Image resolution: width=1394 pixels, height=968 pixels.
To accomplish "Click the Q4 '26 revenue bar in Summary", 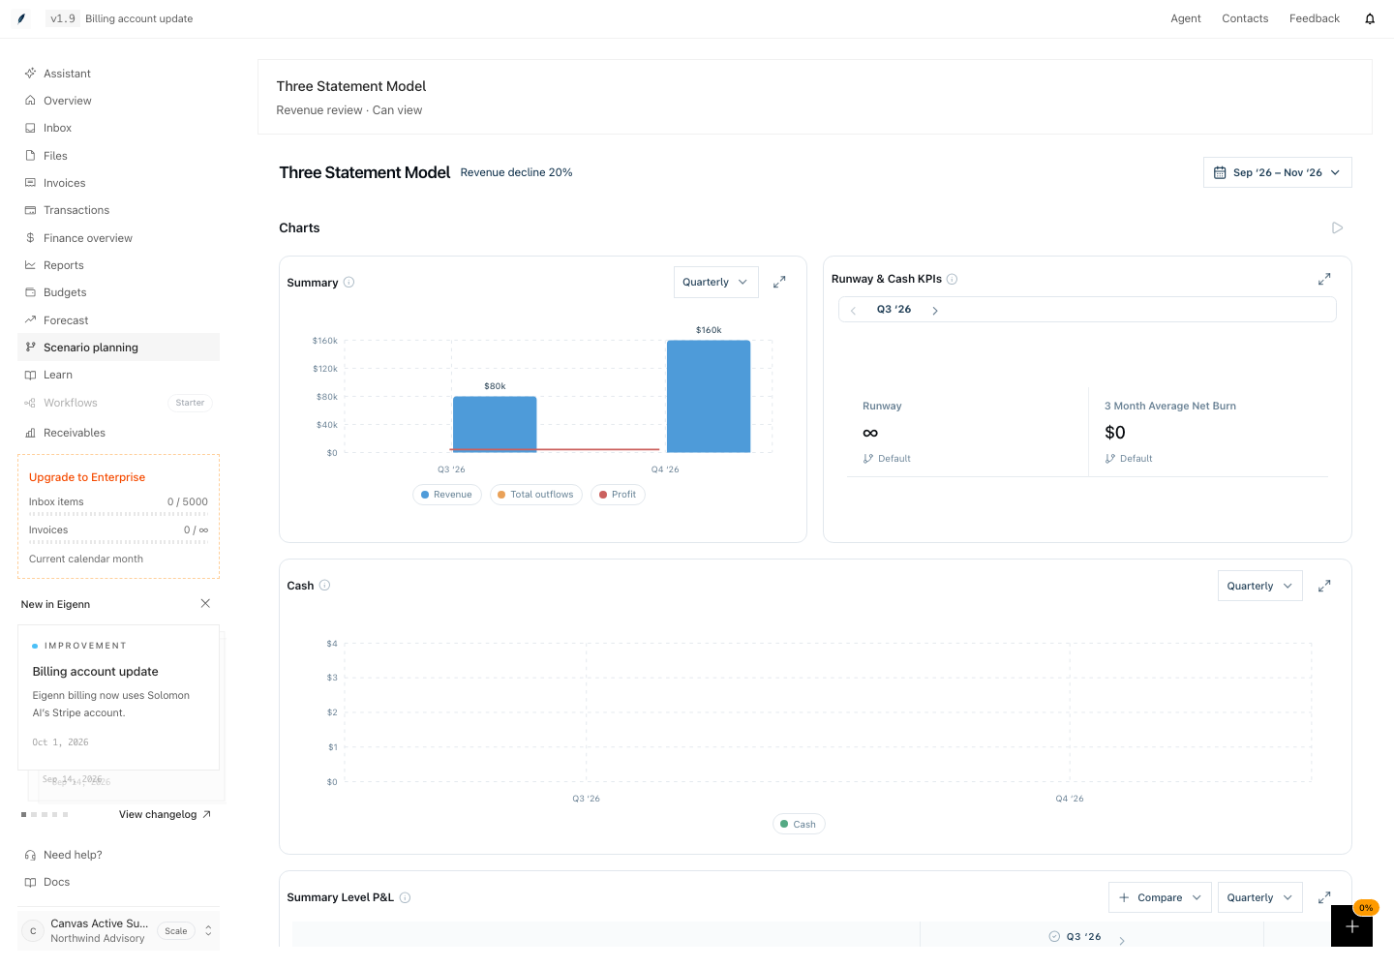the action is (x=709, y=396).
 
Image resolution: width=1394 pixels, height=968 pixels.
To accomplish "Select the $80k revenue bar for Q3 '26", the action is (x=495, y=424).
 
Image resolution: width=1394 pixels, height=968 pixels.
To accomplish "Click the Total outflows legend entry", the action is (x=536, y=495).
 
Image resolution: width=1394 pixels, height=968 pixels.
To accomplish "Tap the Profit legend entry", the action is (x=618, y=495).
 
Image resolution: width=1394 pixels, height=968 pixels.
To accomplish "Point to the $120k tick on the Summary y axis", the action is (x=325, y=369).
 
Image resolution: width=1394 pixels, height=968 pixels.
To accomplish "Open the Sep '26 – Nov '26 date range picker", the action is (x=1277, y=172).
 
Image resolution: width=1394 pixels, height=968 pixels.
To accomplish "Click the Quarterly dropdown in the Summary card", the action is (x=715, y=282).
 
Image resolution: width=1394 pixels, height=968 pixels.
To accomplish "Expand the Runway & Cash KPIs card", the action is (x=1324, y=279).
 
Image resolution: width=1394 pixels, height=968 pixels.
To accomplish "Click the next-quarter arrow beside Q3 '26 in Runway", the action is (x=935, y=310).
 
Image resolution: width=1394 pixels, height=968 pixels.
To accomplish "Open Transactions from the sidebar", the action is (x=76, y=210).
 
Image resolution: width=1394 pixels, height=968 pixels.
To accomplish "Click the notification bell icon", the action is (x=1370, y=18).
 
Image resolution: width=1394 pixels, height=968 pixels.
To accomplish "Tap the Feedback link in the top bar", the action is (x=1315, y=18).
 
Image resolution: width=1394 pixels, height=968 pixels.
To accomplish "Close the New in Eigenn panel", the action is (x=205, y=603).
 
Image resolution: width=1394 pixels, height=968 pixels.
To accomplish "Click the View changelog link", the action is (x=165, y=814).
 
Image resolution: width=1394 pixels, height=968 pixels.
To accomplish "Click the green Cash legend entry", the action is (x=799, y=825).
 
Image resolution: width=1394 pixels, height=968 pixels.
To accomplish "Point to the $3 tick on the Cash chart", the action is (x=332, y=678).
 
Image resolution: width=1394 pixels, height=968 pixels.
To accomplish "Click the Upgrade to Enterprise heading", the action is (x=87, y=477).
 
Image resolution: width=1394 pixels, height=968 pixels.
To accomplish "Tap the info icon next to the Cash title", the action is (x=325, y=586).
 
